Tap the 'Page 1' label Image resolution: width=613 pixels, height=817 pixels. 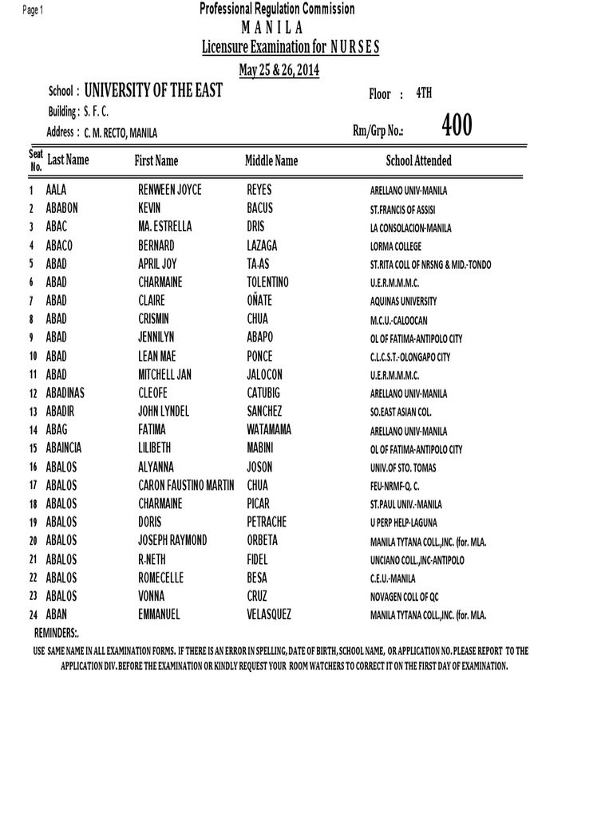33,10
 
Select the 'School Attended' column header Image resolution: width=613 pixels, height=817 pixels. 418,161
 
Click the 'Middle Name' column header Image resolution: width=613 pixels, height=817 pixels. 271,161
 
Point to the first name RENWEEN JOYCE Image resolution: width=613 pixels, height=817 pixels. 170,190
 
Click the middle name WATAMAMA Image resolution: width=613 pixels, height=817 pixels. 269,430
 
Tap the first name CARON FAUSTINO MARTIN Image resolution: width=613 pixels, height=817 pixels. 186,485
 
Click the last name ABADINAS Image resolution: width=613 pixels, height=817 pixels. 69,393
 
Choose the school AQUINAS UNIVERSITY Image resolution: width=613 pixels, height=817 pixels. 403,302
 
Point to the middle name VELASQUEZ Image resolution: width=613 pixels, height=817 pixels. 269,614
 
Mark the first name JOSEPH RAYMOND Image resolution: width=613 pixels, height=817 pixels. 172,541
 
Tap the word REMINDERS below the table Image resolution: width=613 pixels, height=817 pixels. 56,633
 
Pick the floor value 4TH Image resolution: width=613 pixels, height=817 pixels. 424,93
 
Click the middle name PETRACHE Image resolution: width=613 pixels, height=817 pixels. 267,522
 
